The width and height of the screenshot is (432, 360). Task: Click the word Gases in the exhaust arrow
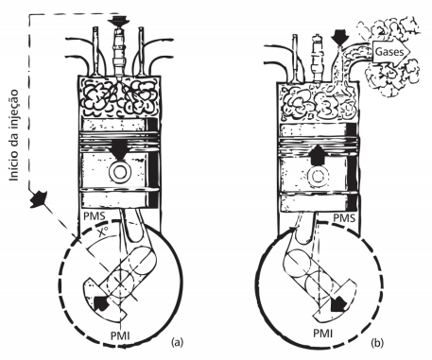pyautogui.click(x=389, y=51)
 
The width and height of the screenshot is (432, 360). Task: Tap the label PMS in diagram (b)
pyautogui.click(x=344, y=217)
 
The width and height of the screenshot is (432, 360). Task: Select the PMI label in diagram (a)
pyautogui.click(x=120, y=335)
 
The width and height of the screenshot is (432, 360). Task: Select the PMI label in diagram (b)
pyautogui.click(x=322, y=333)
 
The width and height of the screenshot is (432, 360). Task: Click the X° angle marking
pyautogui.click(x=102, y=232)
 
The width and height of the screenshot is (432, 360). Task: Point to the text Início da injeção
pyautogui.click(x=13, y=136)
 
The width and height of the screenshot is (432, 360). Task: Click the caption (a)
pyautogui.click(x=177, y=342)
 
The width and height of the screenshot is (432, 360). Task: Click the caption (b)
pyautogui.click(x=377, y=342)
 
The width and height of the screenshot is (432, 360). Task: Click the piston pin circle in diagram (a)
pyautogui.click(x=120, y=173)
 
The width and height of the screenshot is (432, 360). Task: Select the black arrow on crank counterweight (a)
pyautogui.click(x=101, y=303)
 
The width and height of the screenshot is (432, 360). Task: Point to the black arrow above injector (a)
pyautogui.click(x=118, y=22)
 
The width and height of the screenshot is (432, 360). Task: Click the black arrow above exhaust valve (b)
pyautogui.click(x=339, y=36)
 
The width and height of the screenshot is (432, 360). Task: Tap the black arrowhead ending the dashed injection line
pyautogui.click(x=38, y=198)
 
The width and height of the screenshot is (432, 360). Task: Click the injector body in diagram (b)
pyautogui.click(x=317, y=59)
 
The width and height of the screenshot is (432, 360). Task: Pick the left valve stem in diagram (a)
pyautogui.click(x=95, y=50)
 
